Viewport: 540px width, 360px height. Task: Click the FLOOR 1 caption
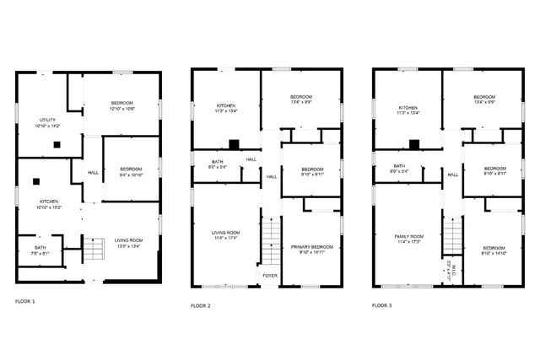coord(25,300)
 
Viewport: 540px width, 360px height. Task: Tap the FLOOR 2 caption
coord(201,305)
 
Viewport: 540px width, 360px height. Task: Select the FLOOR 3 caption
coord(382,305)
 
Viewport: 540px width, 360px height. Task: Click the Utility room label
coord(47,120)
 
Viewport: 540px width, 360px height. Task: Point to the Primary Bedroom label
coord(312,247)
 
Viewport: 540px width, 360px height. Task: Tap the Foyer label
coord(270,275)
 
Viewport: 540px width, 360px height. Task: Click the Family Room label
coord(408,237)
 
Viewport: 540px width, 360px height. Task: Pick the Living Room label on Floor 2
coord(225,232)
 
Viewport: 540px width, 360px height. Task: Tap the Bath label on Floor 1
coord(40,247)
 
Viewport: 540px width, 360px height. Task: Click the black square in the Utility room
coord(56,144)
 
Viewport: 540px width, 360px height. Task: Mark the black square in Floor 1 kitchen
coord(36,180)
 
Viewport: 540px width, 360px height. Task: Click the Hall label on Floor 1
coord(92,174)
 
